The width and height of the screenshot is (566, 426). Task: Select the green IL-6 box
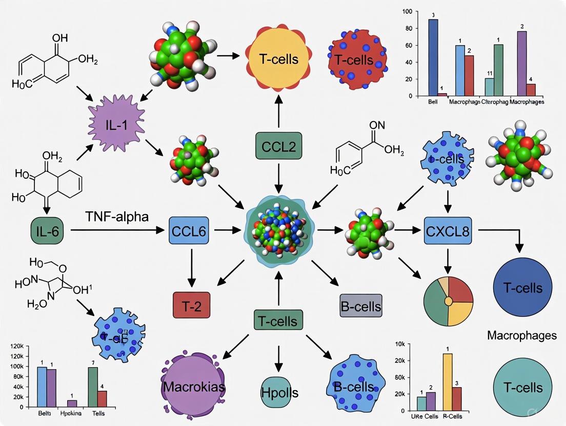click(x=49, y=231)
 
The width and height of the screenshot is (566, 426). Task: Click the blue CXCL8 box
click(x=447, y=231)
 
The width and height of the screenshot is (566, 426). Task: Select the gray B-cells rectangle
click(x=361, y=306)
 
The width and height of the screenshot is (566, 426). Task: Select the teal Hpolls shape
click(x=280, y=392)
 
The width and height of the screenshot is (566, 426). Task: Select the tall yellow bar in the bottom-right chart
click(x=447, y=382)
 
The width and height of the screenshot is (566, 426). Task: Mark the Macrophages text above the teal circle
click(x=521, y=336)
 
